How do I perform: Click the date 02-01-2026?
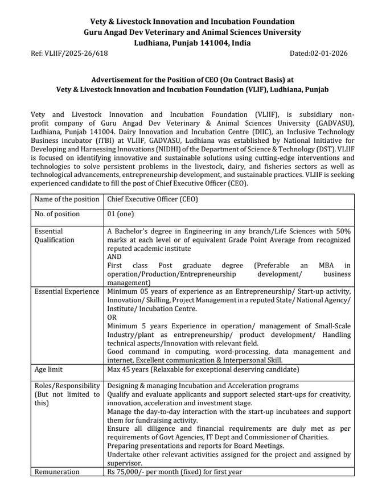tap(328, 53)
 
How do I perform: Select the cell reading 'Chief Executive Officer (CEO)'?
tap(153, 199)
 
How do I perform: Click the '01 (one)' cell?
tap(122, 214)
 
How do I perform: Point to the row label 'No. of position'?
tap(57, 214)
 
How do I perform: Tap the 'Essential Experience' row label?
tap(67, 291)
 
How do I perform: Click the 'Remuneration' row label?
tap(58, 472)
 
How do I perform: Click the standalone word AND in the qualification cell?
tap(114, 257)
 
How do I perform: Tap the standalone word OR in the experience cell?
tap(112, 316)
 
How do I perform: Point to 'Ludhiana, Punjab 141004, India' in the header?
tap(191, 43)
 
